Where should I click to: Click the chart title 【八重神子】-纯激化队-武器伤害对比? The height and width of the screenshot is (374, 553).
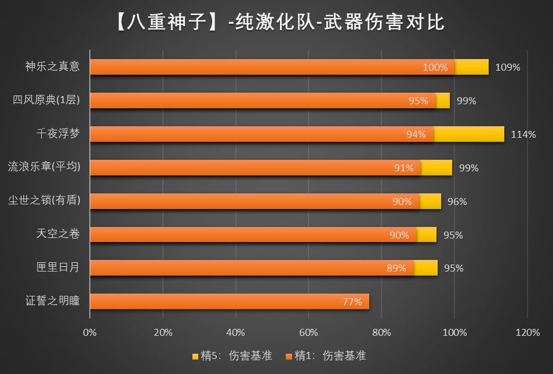click(276, 21)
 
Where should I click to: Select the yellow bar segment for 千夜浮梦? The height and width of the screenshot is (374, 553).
click(468, 134)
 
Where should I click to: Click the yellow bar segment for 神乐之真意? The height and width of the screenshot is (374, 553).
click(471, 67)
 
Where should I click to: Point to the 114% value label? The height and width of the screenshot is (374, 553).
click(523, 135)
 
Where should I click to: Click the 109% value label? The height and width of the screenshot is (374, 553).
click(508, 67)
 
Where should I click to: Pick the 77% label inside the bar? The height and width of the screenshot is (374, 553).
click(352, 302)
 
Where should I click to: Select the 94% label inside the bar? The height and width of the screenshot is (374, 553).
click(416, 135)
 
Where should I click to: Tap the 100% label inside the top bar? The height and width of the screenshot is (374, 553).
click(435, 67)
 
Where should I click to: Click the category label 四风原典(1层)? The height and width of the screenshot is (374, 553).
click(46, 101)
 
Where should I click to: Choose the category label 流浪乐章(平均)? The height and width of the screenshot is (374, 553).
click(44, 168)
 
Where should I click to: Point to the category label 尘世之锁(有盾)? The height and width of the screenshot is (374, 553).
click(44, 201)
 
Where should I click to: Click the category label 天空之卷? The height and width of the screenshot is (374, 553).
click(58, 234)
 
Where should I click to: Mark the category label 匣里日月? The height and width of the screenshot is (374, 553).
click(58, 268)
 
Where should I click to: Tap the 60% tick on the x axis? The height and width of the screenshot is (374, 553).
click(308, 333)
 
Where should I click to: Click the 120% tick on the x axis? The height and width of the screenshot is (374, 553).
click(527, 333)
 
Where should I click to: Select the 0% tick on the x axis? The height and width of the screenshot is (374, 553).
click(90, 333)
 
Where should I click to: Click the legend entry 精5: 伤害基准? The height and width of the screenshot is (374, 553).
click(232, 356)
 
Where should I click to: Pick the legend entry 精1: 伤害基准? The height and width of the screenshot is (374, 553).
click(325, 356)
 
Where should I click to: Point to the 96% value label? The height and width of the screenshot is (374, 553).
click(457, 201)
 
